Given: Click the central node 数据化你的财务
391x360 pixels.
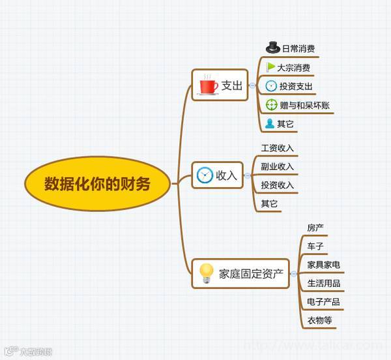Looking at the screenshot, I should click(x=97, y=184).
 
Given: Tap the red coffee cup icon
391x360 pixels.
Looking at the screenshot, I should click(x=209, y=85).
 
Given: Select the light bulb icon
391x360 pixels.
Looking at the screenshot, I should click(x=207, y=273).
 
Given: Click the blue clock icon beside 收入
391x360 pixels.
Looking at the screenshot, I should click(x=205, y=175).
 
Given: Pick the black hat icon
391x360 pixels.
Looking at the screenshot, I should click(x=273, y=48).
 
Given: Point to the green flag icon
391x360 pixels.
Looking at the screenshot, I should click(x=271, y=67).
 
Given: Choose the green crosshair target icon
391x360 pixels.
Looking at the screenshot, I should click(x=272, y=104).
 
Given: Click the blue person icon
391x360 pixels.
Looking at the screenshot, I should click(x=270, y=123).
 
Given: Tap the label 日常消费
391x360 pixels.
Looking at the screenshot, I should click(x=298, y=48).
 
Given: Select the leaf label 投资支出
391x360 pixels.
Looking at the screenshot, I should click(x=296, y=86).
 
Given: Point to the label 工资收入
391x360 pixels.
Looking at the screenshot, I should click(x=277, y=148).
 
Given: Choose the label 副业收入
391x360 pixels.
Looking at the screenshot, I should click(x=277, y=166).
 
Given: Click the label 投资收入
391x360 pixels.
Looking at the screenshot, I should click(x=277, y=185).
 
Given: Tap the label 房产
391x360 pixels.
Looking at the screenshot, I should click(x=315, y=228).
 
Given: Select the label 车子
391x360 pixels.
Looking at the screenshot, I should click(x=315, y=246).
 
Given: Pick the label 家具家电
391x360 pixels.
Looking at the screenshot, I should click(x=323, y=265).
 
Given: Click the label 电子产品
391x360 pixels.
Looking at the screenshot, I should click(x=323, y=302).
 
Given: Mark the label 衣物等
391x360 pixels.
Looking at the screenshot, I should click(x=319, y=320).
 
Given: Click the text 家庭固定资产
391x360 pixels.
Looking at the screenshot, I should click(x=251, y=274).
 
